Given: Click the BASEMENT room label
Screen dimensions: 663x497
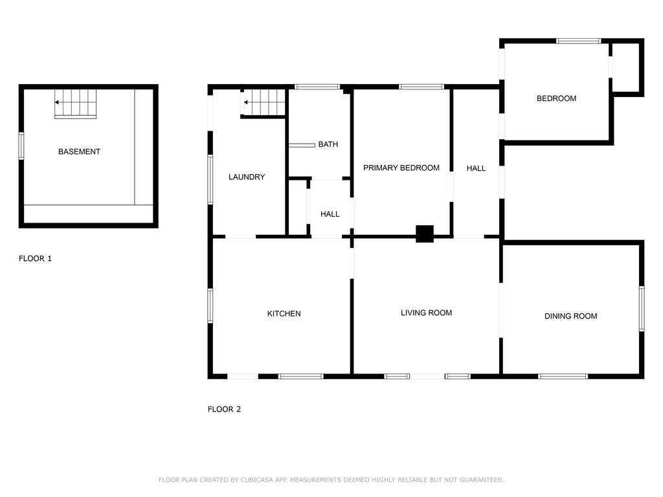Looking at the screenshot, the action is tap(79, 151).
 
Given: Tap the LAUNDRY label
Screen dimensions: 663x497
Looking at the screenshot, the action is tap(247, 177).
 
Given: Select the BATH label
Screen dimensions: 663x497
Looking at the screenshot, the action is tap(328, 144).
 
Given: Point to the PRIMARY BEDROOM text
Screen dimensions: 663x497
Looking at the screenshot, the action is tap(401, 168).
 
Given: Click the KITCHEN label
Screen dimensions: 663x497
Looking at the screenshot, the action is tap(284, 314).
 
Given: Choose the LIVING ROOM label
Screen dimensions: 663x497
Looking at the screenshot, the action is tap(426, 313).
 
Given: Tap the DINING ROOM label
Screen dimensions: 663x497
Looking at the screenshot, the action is tap(571, 316).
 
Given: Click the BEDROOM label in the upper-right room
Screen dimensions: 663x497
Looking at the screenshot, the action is tap(556, 98).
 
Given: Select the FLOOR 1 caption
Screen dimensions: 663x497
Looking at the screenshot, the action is tap(35, 259).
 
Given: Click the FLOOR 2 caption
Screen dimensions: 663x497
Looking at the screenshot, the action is tap(224, 409).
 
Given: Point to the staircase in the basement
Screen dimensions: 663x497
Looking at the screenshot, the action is tap(75, 104).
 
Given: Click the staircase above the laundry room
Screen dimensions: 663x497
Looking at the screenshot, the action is tap(264, 102).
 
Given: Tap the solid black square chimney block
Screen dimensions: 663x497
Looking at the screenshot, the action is tap(425, 234).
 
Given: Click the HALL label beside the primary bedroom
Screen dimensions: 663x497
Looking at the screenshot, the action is tap(476, 169).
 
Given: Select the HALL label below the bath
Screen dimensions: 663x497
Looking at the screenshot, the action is tap(330, 214).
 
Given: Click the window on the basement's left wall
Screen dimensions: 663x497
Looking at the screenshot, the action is tap(21, 146).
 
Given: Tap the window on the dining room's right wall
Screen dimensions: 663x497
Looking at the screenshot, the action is tap(642, 309).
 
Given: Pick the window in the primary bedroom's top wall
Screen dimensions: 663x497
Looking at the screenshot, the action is tap(421, 87).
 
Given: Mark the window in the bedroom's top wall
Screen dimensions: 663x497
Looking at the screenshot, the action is tap(578, 41).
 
